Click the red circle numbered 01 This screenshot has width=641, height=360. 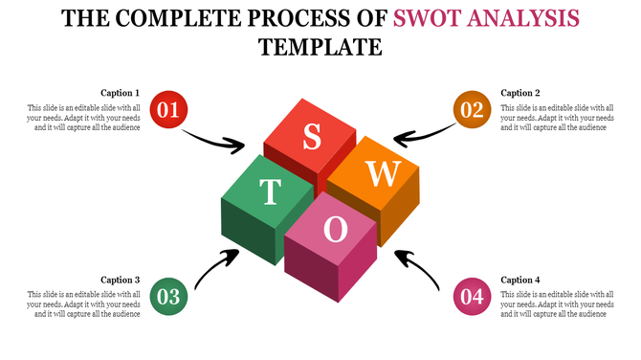pyautogui.click(x=169, y=110)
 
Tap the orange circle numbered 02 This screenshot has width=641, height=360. pyautogui.click(x=472, y=110)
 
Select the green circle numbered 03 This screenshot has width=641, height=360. pyautogui.click(x=169, y=297)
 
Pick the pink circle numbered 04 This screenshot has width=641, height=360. pyautogui.click(x=472, y=297)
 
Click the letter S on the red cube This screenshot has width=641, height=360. pyautogui.click(x=312, y=138)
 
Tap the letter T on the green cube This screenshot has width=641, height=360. pyautogui.click(x=270, y=191)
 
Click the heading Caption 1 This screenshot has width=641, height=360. pyautogui.click(x=121, y=93)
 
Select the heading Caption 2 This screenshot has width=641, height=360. pyautogui.click(x=520, y=93)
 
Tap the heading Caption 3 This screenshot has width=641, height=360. pyautogui.click(x=121, y=280)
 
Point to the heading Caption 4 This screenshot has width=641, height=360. pyautogui.click(x=520, y=280)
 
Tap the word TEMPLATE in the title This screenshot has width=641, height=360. pyautogui.click(x=320, y=47)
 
